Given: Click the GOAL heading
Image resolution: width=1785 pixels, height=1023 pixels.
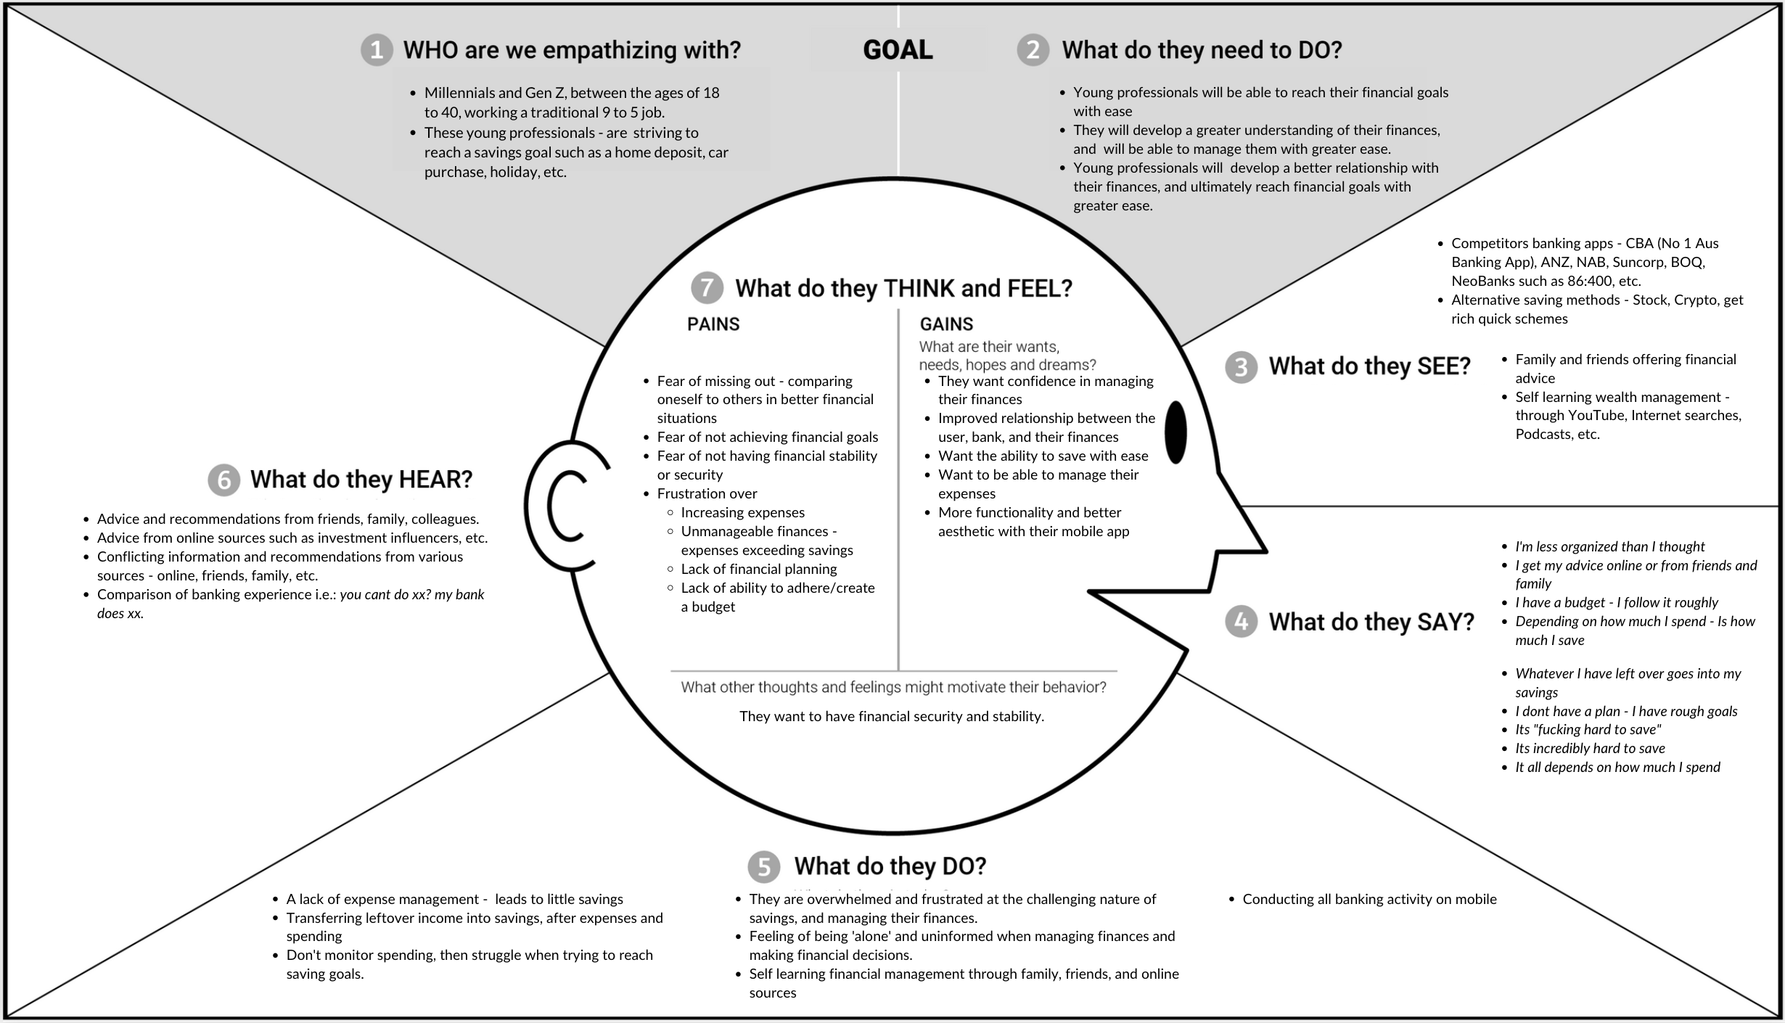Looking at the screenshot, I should coord(898,50).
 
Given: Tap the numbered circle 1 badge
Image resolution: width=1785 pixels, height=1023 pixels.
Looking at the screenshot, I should coord(377,50).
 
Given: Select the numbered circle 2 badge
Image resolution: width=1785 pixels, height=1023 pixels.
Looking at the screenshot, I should coord(1033,50).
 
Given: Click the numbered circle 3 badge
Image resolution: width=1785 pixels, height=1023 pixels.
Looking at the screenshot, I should coord(1241,367).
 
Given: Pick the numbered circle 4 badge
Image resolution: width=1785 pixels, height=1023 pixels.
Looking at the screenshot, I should coord(1241,622).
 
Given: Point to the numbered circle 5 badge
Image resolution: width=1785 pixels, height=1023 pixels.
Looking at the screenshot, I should coord(763,866).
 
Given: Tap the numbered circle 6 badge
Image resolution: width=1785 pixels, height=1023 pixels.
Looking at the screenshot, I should coord(223,480).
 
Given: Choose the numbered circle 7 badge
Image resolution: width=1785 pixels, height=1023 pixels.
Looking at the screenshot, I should coord(707,288).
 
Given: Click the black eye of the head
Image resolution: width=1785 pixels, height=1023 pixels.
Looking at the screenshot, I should coord(1175,432).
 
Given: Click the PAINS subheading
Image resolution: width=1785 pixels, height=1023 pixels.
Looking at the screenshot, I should coord(713,324).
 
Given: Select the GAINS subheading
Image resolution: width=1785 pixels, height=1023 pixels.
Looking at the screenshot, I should coord(946,324).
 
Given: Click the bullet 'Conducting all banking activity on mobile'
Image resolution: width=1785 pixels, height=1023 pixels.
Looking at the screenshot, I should coord(1369,900).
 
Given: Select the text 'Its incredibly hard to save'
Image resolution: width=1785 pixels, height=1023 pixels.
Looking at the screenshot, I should coord(1590,749).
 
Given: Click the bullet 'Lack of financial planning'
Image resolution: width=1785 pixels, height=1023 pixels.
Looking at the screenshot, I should coord(758,570).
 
